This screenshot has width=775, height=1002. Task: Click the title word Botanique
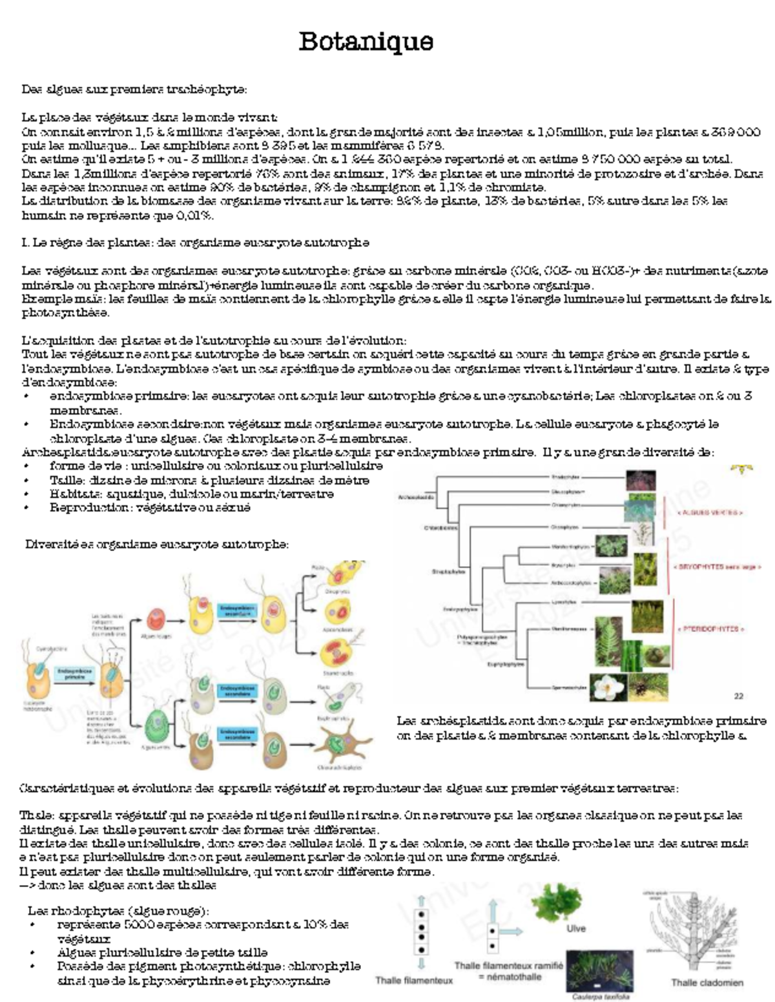(366, 41)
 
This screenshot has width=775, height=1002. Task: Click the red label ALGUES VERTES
(710, 512)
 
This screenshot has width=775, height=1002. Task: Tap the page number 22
(739, 696)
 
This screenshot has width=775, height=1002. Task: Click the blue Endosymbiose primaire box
(74, 674)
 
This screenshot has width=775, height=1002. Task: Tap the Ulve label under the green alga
(575, 928)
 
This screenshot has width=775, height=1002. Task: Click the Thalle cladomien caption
(707, 983)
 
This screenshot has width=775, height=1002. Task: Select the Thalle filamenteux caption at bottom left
(414, 980)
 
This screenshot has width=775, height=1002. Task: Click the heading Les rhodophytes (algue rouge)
(118, 910)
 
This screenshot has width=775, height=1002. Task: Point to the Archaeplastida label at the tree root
(417, 497)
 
